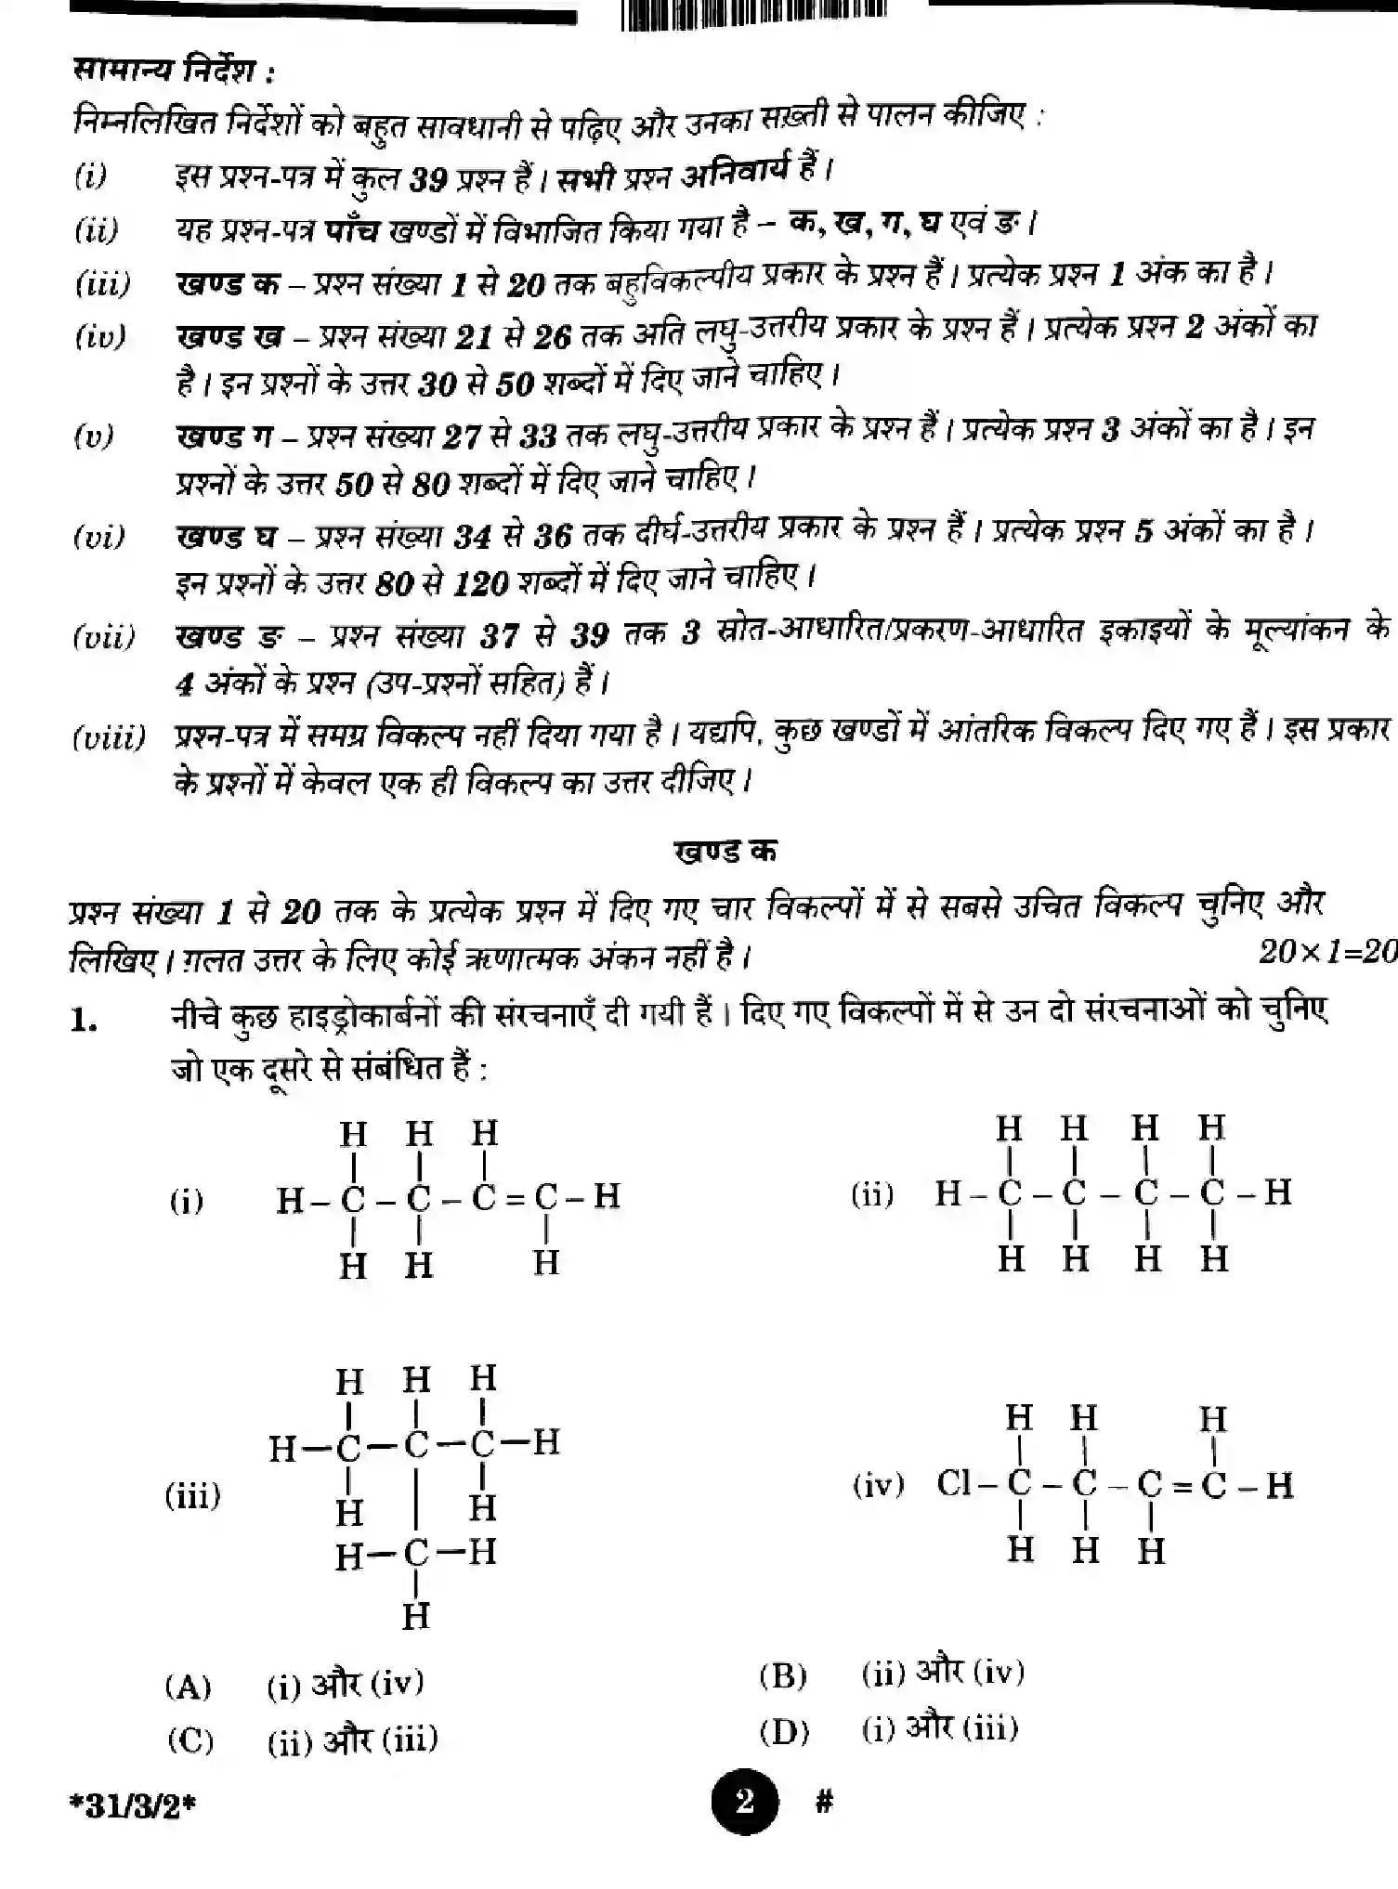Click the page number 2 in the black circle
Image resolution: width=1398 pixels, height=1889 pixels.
(744, 1803)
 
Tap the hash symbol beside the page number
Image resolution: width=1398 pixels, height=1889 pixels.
(823, 1803)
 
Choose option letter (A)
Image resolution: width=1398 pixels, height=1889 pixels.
(189, 1686)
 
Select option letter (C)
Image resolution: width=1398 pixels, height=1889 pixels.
(190, 1739)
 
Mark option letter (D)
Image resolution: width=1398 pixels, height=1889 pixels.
(784, 1730)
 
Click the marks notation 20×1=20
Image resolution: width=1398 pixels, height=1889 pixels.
(1326, 951)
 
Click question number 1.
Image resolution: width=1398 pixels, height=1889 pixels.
(84, 1021)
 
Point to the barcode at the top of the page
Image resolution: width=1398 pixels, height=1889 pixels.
(752, 14)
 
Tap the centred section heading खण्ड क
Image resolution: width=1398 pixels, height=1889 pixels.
(725, 851)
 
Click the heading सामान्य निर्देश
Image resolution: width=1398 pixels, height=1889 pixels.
(174, 71)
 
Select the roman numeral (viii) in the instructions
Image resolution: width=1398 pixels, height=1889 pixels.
(109, 738)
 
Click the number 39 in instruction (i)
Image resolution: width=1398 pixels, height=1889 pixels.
(429, 178)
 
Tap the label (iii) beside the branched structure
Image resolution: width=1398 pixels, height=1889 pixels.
(193, 1495)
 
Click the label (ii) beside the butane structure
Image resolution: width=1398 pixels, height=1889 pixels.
(872, 1194)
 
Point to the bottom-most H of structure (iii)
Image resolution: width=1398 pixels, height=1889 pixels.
(415, 1617)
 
